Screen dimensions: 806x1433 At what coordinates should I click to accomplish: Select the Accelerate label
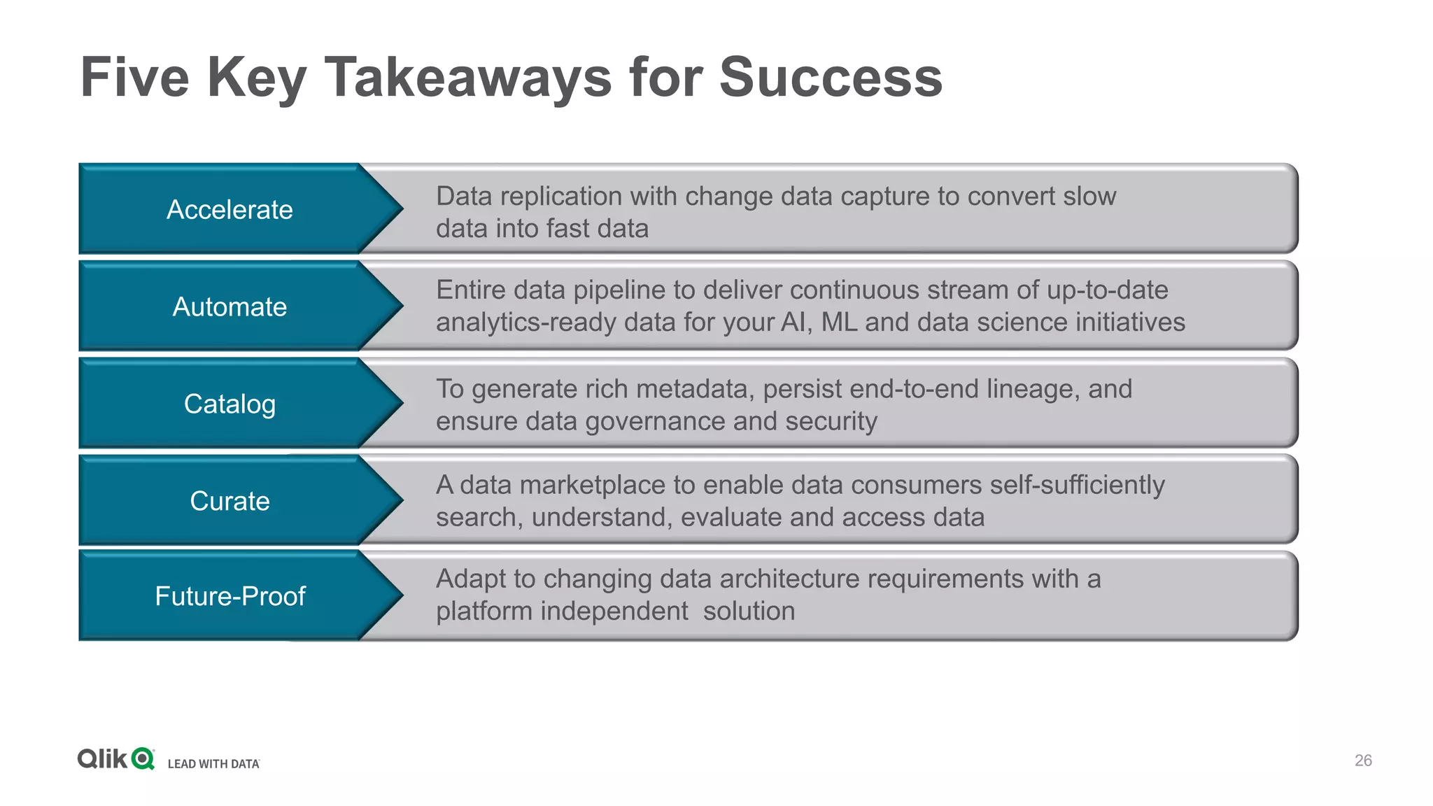230,210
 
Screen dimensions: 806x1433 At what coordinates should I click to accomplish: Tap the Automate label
230,307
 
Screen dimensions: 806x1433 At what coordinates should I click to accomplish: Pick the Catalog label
230,404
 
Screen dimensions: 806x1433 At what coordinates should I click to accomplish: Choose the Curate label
230,502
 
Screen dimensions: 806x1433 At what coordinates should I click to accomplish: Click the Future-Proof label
230,596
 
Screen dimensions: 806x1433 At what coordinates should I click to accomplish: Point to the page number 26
1363,761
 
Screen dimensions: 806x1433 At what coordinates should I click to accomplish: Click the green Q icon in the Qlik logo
143,758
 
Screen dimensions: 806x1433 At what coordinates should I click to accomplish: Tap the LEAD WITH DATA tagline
213,764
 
